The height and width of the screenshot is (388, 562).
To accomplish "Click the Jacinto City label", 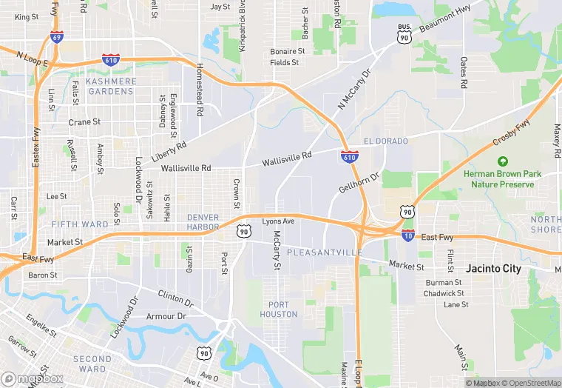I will (493, 269).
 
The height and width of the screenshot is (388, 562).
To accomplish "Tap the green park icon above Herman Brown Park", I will (503, 161).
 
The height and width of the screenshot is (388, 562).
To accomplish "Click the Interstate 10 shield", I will (407, 235).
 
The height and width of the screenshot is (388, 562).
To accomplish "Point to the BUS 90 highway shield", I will (404, 33).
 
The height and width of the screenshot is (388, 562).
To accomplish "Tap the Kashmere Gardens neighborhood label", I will (111, 86).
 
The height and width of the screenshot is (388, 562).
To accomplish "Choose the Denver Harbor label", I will (203, 222).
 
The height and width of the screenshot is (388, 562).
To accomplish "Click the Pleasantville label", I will (324, 252).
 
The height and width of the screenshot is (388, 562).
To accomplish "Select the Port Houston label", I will (279, 310).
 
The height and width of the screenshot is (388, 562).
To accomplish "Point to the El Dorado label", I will (382, 141).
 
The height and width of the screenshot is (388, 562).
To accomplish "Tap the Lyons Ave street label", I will (279, 221).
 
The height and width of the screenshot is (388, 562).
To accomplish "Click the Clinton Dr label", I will (175, 298).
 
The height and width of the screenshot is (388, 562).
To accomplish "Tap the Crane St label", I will (84, 122).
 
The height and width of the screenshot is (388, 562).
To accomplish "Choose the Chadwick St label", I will (444, 293).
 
